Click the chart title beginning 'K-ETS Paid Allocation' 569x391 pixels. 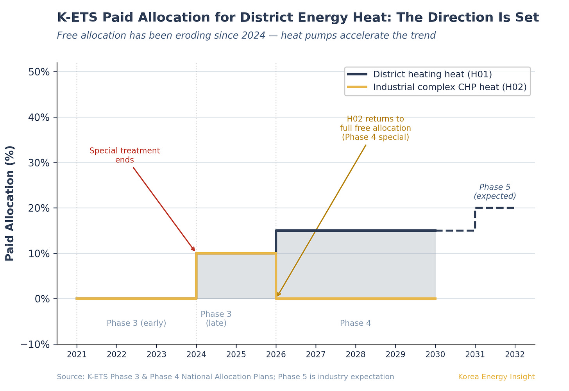click(298, 18)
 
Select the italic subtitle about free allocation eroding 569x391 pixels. click(246, 36)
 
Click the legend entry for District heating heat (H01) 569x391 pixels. click(432, 74)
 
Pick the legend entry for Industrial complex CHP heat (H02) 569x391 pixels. click(449, 87)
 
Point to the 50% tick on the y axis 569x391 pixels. click(40, 72)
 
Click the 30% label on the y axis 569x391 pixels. click(40, 163)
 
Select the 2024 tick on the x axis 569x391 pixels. click(196, 354)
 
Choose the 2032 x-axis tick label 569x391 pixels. click(515, 354)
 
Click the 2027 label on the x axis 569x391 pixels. click(315, 354)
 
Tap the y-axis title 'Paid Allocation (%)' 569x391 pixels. click(10, 203)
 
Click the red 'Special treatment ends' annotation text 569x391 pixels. click(125, 155)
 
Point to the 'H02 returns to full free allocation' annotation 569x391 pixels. click(375, 128)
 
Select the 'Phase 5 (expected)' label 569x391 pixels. click(495, 191)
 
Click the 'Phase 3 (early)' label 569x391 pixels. click(136, 323)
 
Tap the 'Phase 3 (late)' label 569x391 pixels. click(216, 318)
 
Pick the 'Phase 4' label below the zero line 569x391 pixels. click(355, 323)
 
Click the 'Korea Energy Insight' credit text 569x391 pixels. click(496, 377)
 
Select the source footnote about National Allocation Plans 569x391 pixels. click(225, 377)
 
